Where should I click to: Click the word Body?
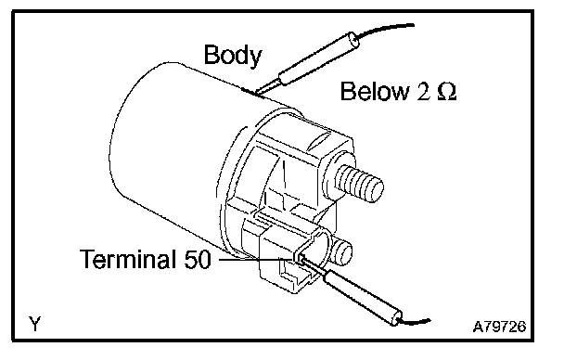233,55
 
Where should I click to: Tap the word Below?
375,91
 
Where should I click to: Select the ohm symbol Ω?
447,92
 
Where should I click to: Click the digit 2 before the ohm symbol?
423,92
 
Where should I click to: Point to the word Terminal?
127,259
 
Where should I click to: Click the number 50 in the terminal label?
198,259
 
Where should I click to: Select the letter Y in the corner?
35,324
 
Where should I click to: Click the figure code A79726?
499,327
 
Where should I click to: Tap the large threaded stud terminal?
359,184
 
